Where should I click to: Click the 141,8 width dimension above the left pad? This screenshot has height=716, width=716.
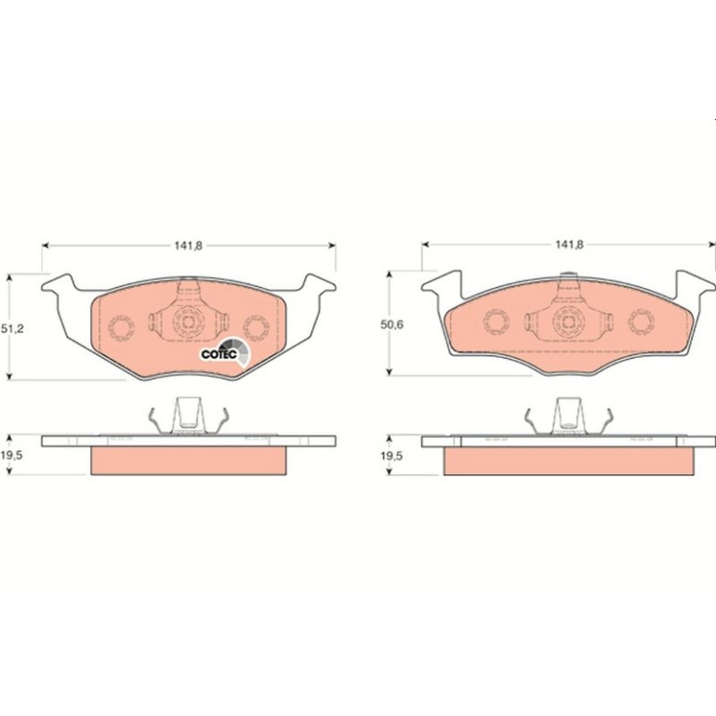point(188,245)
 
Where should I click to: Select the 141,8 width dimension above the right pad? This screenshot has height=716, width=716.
point(569,245)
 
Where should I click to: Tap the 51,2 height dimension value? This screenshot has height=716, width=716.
point(12,329)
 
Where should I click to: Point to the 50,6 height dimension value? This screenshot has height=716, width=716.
point(391,325)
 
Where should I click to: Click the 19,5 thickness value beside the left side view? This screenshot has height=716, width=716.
point(12,456)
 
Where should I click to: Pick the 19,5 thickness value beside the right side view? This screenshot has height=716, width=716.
point(391,456)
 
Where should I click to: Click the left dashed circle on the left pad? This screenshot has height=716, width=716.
point(121,328)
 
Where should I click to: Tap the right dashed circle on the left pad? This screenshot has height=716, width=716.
point(256,328)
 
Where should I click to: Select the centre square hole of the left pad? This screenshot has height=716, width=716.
point(188,322)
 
